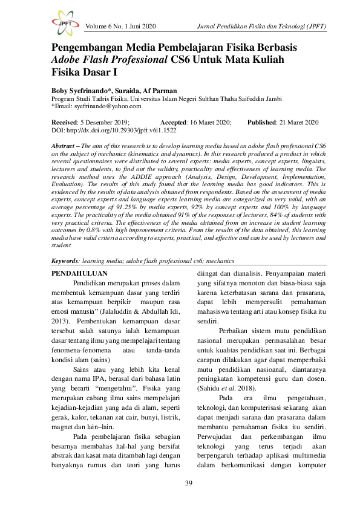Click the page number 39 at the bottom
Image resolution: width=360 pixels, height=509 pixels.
click(x=180, y=482)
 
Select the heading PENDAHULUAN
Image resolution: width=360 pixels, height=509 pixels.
click(x=76, y=273)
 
